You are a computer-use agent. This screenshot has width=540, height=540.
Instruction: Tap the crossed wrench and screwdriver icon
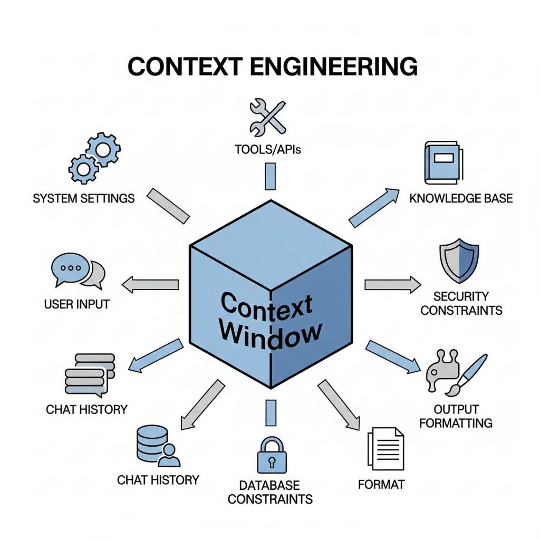267,117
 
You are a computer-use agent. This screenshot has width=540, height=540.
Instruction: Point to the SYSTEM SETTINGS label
83,199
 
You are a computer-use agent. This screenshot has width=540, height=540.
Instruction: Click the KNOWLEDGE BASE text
461,199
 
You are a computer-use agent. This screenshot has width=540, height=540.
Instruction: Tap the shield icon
459,262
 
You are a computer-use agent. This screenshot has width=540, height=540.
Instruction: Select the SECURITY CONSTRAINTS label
461,303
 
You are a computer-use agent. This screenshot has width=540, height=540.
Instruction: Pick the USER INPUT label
77,304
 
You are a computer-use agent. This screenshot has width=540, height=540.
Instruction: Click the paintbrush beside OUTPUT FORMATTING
469,373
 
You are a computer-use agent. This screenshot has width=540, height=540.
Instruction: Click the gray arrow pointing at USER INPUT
150,285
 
